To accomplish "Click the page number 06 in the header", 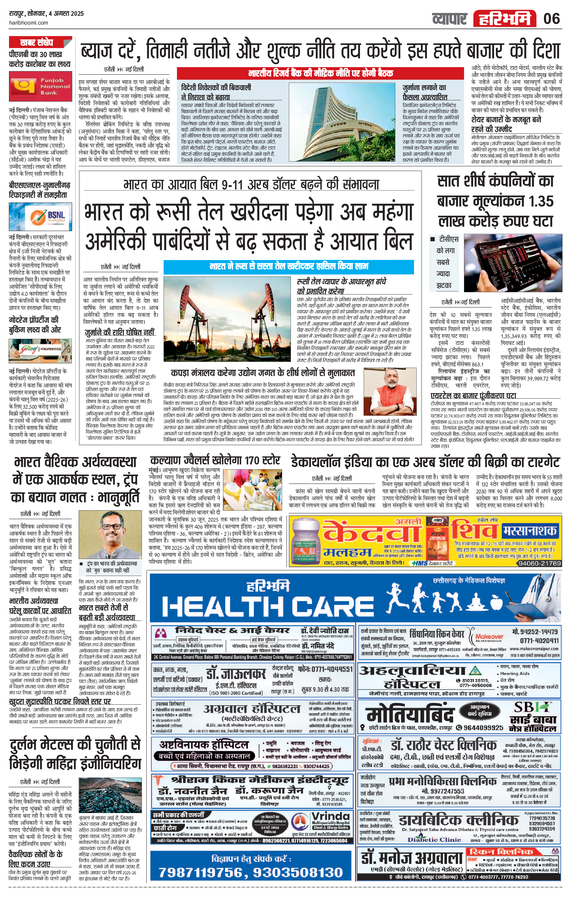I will point(552,18).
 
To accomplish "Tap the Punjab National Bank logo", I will point(40,86).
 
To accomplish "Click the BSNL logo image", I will point(40,218).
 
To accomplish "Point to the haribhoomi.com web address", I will point(28,23).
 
